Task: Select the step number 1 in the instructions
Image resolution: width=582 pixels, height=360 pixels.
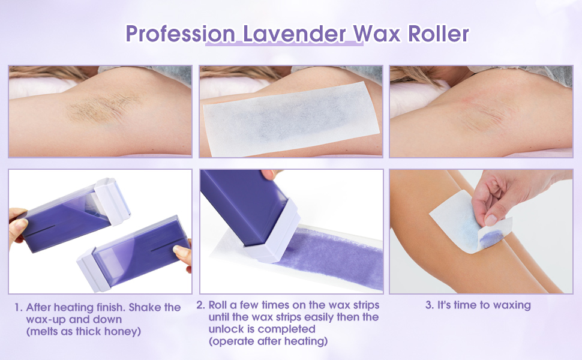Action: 18,308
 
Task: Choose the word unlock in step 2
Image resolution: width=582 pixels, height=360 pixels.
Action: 225,329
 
